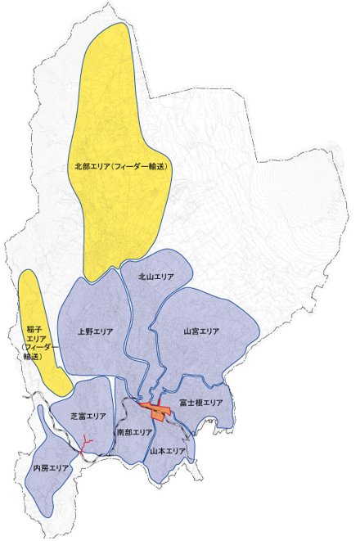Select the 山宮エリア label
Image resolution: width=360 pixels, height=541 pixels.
(x=200, y=331)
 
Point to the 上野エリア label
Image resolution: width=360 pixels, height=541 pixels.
(x=95, y=331)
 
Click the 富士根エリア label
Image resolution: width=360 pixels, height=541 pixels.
(x=201, y=402)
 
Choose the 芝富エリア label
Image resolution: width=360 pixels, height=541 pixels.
(x=88, y=416)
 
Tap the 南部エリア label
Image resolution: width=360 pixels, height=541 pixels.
(x=135, y=431)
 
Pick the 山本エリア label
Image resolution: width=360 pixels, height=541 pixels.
(x=169, y=451)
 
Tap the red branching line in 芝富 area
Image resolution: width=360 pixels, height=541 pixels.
(x=86, y=444)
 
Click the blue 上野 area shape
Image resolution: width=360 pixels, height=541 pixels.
(x=94, y=352)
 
